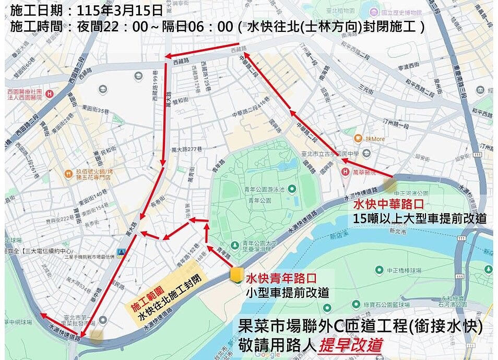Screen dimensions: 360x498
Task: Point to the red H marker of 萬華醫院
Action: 345,170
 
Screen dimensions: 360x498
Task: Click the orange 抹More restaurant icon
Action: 358,138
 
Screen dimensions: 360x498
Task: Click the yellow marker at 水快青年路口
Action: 236,275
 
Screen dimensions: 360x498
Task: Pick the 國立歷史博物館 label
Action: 402,11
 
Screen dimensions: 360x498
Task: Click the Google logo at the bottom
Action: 268,354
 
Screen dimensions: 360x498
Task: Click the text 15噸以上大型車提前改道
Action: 420,218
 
